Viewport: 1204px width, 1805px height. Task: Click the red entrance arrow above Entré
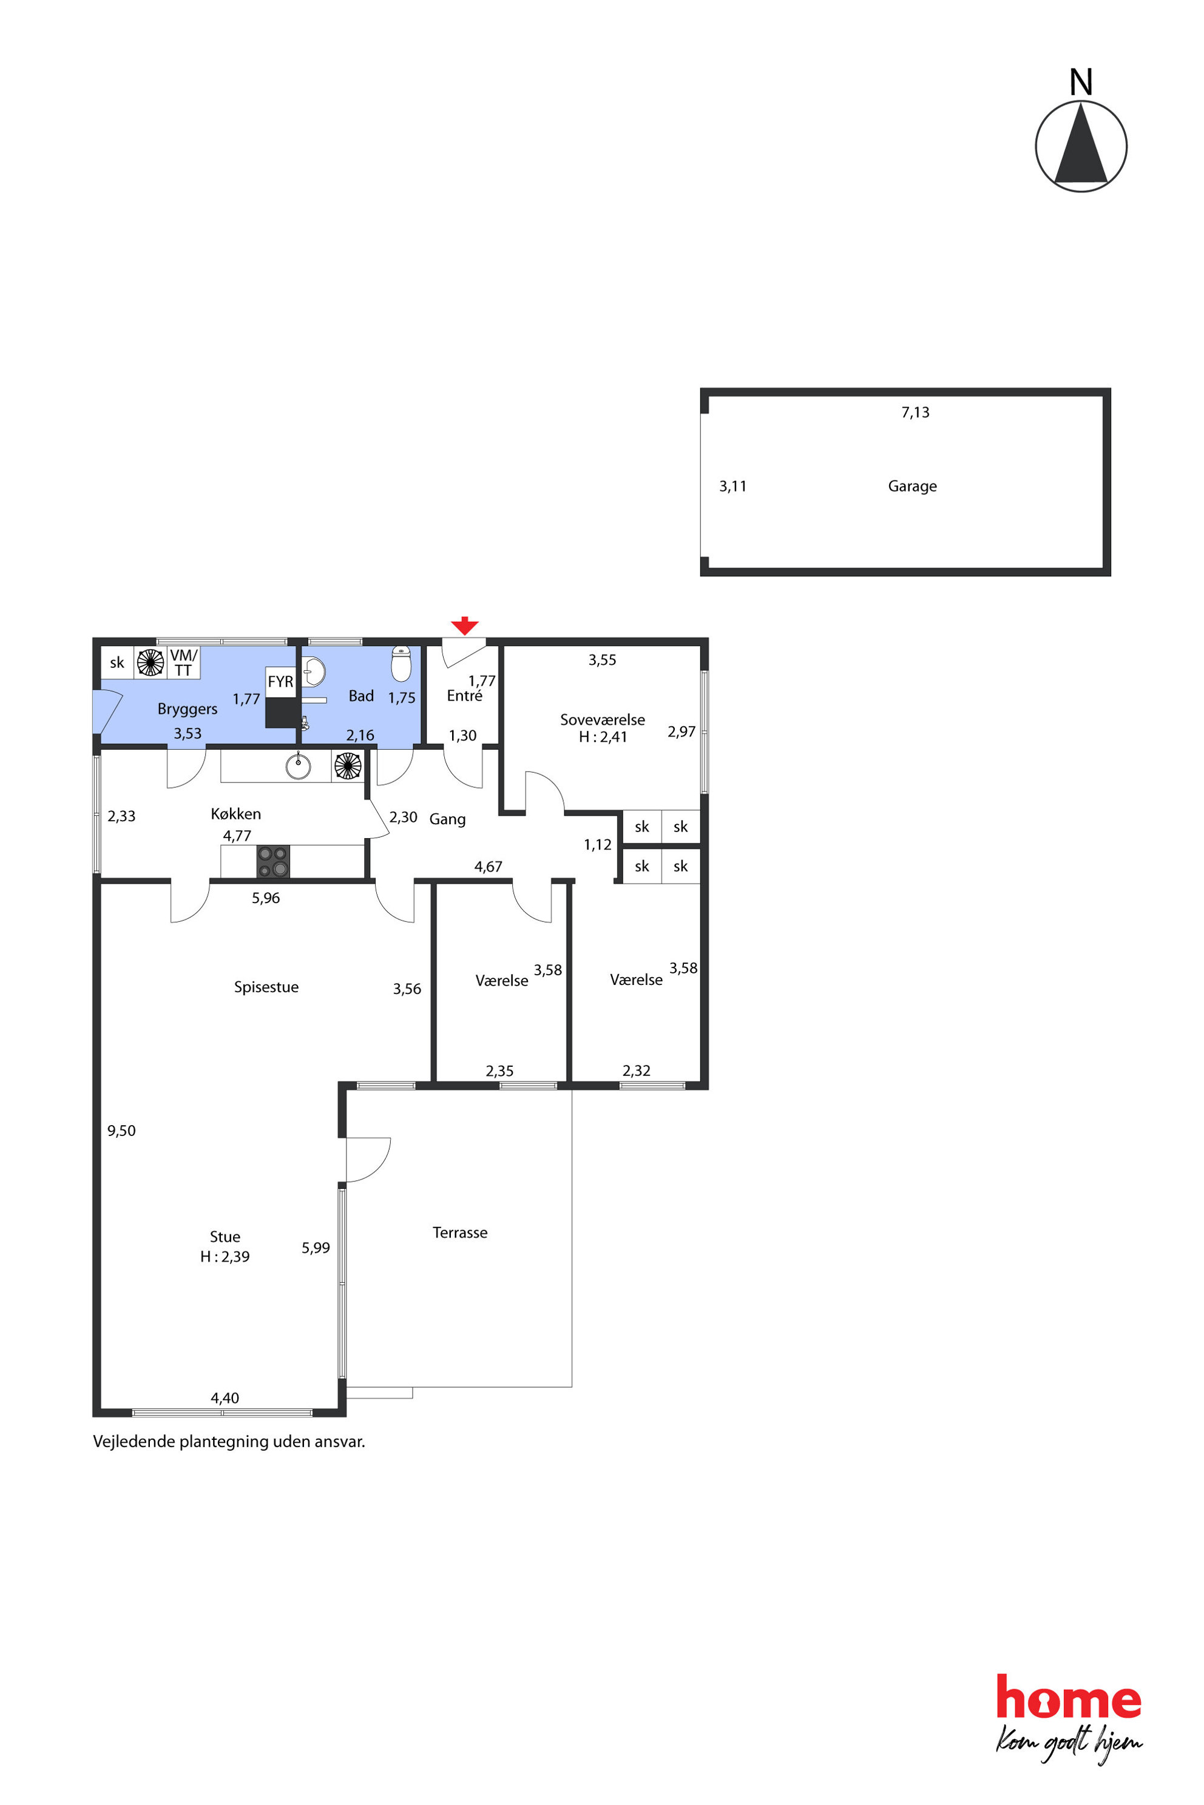click(465, 625)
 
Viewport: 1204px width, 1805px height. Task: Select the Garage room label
click(912, 486)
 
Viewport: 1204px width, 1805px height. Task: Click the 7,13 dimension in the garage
click(915, 412)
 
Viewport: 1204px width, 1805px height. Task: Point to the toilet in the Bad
click(401, 663)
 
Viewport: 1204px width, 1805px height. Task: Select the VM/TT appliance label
click(183, 662)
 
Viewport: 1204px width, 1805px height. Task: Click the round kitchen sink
click(298, 765)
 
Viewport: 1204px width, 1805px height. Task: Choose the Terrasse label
click(460, 1232)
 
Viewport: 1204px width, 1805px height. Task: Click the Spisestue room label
click(266, 987)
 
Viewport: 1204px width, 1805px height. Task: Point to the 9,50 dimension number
click(121, 1131)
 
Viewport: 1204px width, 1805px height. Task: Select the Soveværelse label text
click(603, 720)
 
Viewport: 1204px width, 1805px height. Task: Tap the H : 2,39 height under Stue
click(225, 1256)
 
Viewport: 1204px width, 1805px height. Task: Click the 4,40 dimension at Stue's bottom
click(225, 1397)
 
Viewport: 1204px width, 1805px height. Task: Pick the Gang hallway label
click(448, 819)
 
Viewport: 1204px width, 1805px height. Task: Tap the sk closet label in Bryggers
click(117, 662)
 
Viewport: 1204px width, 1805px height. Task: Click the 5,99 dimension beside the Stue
click(316, 1248)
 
